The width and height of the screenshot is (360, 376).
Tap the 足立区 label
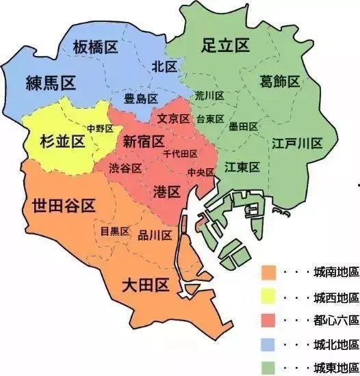click(x=225, y=46)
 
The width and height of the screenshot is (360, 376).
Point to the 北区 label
click(x=164, y=66)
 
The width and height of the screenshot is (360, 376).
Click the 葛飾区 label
click(x=280, y=82)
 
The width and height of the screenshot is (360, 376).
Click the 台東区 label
click(x=210, y=118)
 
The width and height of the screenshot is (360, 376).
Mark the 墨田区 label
click(x=243, y=126)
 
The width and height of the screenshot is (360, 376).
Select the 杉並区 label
click(x=57, y=142)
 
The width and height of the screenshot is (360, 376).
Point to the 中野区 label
click(x=99, y=129)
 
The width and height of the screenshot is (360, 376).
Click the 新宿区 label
click(x=144, y=142)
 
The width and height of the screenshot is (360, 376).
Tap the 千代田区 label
click(x=181, y=154)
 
